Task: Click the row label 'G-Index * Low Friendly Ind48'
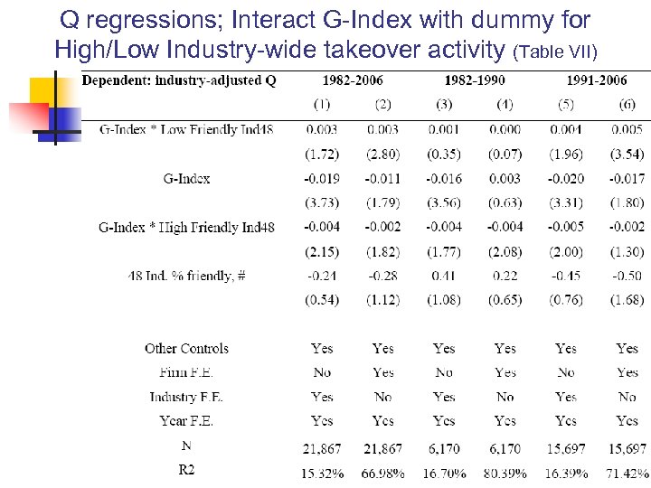186,130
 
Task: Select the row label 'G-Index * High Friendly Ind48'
186,227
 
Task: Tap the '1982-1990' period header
474,80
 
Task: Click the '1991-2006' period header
596,80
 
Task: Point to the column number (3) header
444,105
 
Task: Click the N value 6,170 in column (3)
444,448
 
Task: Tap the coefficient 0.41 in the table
444,276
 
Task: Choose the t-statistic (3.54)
627,155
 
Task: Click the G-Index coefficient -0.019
322,179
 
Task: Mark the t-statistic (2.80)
382,155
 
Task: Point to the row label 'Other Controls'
186,348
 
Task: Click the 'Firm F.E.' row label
186,372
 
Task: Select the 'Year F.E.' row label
186,420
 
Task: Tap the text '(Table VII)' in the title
554,49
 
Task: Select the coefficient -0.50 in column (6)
627,276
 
